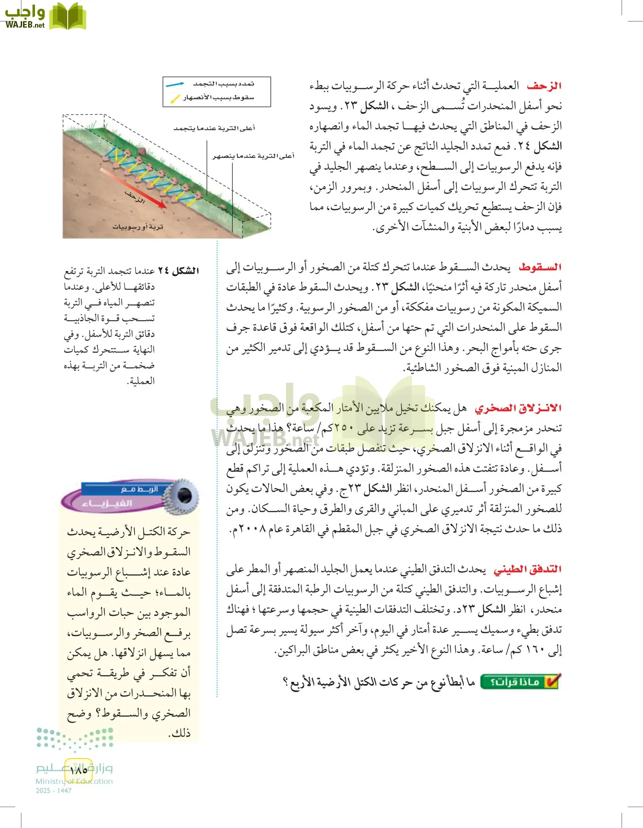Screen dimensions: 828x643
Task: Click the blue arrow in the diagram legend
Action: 175,85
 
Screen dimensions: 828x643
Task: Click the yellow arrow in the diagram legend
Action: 175,98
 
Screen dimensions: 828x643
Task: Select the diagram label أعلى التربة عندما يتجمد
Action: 214,128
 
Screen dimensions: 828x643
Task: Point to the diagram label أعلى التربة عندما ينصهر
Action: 253,156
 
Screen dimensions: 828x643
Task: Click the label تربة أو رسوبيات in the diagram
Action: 138,227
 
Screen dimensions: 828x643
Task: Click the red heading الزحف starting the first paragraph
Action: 544,86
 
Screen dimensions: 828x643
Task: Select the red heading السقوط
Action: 540,267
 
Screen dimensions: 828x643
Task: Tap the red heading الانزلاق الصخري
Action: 518,408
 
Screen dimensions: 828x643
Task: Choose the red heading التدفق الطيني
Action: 527,569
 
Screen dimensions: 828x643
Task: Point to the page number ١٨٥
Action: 78,770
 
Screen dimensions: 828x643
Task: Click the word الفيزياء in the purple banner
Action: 107,504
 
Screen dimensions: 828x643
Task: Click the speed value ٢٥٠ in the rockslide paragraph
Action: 344,428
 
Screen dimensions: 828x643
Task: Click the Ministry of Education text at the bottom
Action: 74,781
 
